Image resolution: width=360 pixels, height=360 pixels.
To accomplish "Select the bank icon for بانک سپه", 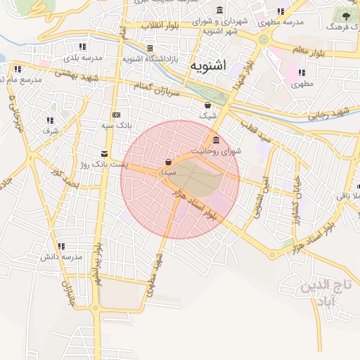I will click(116, 115).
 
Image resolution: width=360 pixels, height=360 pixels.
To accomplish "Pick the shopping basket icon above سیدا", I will click(168, 162).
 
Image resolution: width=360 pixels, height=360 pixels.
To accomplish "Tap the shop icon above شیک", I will click(208, 105).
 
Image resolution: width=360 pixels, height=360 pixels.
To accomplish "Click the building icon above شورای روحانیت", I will click(216, 140).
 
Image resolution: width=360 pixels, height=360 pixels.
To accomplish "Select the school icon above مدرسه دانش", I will click(62, 247).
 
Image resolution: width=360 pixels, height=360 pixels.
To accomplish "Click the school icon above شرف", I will click(50, 120).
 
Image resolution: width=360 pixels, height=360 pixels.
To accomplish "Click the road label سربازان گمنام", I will click(160, 90).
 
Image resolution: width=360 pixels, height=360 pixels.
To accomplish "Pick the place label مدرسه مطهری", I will click(281, 22).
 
